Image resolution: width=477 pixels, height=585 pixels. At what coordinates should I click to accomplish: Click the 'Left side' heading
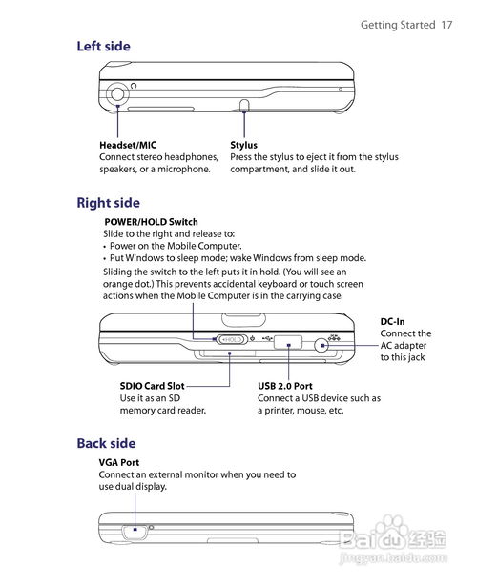(103, 47)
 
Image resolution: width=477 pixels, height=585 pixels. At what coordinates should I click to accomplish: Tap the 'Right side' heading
(109, 203)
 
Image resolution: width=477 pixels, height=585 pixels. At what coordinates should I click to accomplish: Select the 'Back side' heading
(106, 443)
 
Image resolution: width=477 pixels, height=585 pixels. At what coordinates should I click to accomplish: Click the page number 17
(446, 25)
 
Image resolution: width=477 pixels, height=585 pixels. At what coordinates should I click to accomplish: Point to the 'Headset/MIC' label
(128, 145)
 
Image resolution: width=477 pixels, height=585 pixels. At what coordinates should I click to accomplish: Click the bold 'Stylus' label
(243, 145)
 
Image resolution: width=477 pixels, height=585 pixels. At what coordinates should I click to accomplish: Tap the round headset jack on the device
(117, 93)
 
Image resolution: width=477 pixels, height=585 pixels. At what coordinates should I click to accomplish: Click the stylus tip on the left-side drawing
(244, 105)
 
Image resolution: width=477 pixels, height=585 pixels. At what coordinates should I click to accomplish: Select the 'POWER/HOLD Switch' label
(151, 222)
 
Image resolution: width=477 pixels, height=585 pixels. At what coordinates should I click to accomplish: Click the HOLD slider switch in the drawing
(232, 339)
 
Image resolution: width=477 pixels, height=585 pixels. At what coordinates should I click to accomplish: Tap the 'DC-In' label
(392, 322)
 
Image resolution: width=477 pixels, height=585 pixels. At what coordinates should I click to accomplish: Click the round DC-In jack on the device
(321, 346)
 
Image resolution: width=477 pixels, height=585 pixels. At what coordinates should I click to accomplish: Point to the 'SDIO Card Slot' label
(152, 386)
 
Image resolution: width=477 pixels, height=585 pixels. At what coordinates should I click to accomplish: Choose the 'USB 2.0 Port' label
(285, 386)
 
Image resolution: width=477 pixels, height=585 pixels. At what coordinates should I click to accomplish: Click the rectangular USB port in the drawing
(288, 342)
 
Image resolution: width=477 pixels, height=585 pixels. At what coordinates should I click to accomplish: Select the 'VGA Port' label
(119, 463)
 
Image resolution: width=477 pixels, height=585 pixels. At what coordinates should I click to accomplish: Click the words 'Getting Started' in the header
(398, 25)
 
